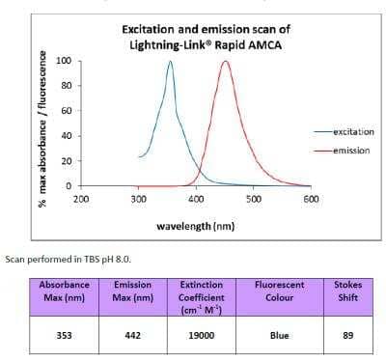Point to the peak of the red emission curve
pyautogui.click(x=226, y=62)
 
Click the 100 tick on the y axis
pyautogui.click(x=65, y=61)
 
